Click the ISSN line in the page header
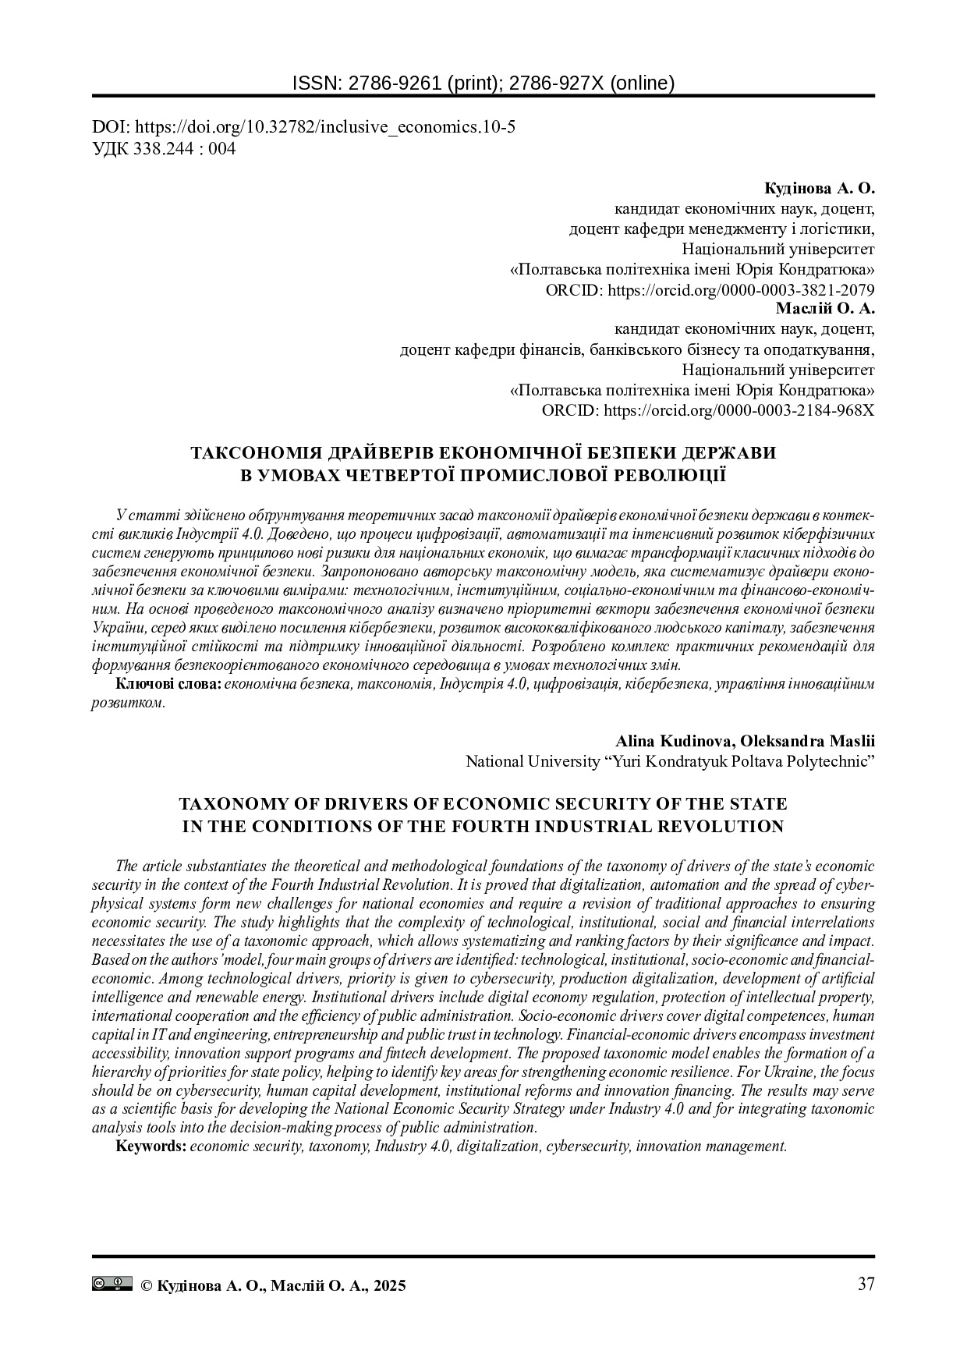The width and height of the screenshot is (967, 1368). pos(483,83)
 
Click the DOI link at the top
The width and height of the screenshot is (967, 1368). pos(303,128)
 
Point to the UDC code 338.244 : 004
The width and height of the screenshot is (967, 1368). pos(164,148)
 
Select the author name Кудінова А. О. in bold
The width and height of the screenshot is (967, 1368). pos(820,189)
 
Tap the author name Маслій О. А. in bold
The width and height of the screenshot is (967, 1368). pos(825,308)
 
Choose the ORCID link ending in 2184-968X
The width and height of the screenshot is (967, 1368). pos(707,410)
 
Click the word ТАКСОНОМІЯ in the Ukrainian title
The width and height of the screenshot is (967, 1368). pos(256,453)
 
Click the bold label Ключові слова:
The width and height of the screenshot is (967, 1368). pos(168,684)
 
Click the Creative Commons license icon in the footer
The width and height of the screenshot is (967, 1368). pos(112,1284)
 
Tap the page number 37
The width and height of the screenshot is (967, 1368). pos(866,1285)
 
